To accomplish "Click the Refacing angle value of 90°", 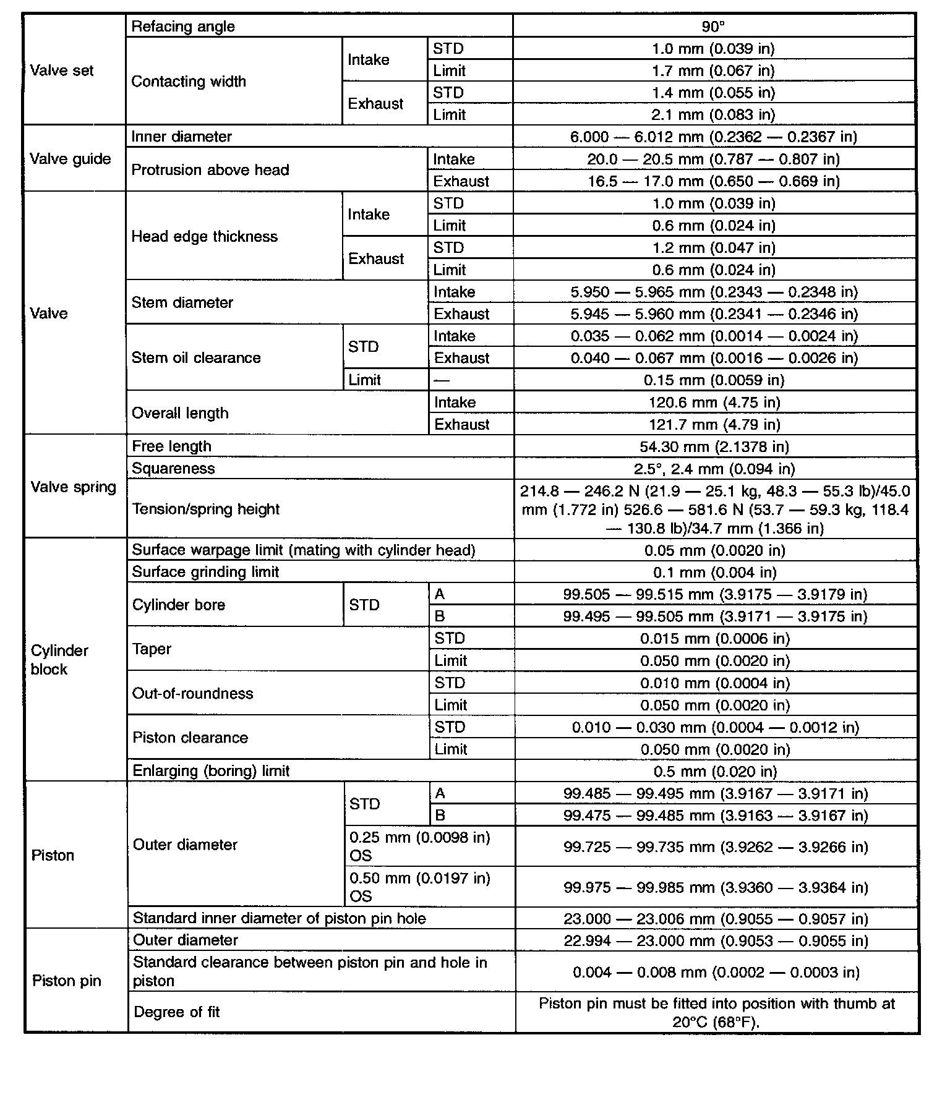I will (713, 27).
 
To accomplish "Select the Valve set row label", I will (62, 70).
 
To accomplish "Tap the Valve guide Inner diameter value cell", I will (713, 137).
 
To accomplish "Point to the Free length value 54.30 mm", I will (714, 446).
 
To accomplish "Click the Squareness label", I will (173, 469).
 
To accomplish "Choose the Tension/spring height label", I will (206, 509).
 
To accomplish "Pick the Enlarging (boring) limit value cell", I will (715, 772).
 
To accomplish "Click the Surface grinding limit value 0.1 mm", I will (715, 573).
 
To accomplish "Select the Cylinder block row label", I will (59, 660).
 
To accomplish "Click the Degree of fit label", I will (177, 1012).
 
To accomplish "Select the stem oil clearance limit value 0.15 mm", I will (714, 380).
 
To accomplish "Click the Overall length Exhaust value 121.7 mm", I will (714, 425).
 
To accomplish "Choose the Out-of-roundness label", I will (193, 694).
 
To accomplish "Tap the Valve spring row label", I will (73, 487).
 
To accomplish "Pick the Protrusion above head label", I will (210, 170).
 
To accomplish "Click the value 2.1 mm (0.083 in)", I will (713, 115).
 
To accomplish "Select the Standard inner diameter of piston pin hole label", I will (280, 919).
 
